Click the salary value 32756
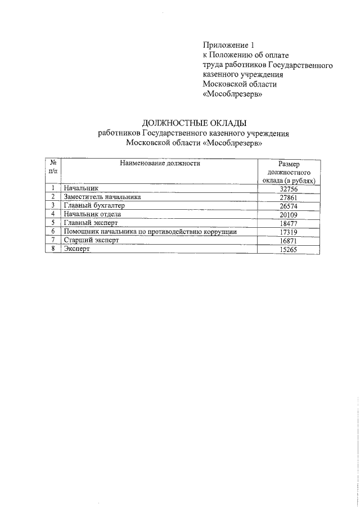coord(288,190)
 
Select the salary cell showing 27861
coord(288,198)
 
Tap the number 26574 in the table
coord(288,206)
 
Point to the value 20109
coord(288,215)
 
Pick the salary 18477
coord(288,223)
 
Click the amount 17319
coord(288,232)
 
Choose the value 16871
coord(288,240)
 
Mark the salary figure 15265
coord(288,249)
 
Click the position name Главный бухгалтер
coord(93,206)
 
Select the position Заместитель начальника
coord(102,197)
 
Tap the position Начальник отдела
coord(92,214)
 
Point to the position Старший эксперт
coord(92,240)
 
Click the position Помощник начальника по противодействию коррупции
coord(150,231)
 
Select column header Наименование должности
coord(159,164)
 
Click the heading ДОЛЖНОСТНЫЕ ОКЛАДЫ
coord(194,123)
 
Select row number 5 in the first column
coord(52,223)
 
